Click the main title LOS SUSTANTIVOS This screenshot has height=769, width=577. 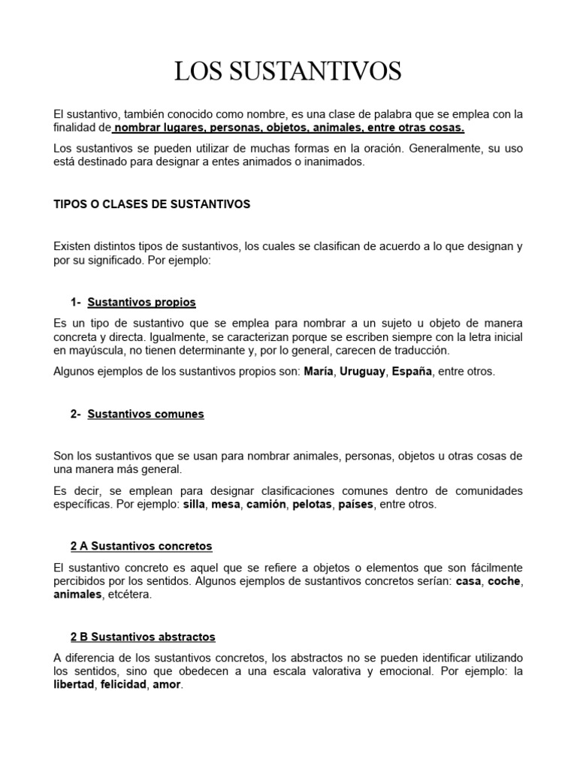(x=288, y=71)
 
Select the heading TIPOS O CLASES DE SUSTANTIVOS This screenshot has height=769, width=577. (x=153, y=204)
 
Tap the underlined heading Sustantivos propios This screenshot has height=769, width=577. (x=141, y=302)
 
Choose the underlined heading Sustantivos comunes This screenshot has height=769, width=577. (x=146, y=414)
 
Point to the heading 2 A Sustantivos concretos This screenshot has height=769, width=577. (x=141, y=546)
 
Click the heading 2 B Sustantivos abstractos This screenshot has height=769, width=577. (x=143, y=637)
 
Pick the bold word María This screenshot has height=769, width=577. (x=319, y=372)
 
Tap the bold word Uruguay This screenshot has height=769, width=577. (x=364, y=372)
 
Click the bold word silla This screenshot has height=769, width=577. (x=194, y=505)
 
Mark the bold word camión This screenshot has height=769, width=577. (x=266, y=505)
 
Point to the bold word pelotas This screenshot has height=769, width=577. (x=312, y=505)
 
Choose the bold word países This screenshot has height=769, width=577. (x=355, y=505)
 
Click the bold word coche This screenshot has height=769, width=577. (x=504, y=581)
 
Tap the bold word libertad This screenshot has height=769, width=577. (x=74, y=685)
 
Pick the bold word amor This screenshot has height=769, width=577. (x=167, y=685)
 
